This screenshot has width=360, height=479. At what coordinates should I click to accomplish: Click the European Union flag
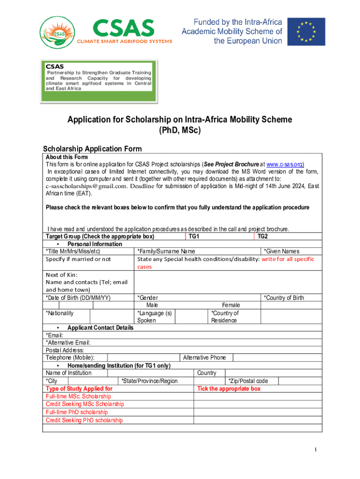pyautogui.click(x=306, y=31)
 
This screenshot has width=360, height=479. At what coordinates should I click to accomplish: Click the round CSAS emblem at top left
pyautogui.click(x=57, y=33)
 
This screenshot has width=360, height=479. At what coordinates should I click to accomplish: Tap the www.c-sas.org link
pyautogui.click(x=285, y=164)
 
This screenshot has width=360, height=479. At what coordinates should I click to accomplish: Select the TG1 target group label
pyautogui.click(x=194, y=237)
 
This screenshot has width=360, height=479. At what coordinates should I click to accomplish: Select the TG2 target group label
pyautogui.click(x=263, y=237)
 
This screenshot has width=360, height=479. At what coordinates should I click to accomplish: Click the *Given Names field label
pyautogui.click(x=281, y=252)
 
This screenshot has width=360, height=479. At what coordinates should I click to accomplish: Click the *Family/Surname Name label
pyautogui.click(x=166, y=252)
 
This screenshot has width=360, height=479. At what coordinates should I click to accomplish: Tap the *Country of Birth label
pyautogui.click(x=284, y=298)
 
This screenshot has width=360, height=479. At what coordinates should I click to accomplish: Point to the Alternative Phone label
pyautogui.click(x=204, y=358)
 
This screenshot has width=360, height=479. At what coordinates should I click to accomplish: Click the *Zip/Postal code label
pyautogui.click(x=248, y=381)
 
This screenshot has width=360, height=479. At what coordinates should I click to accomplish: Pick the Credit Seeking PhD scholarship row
pyautogui.click(x=84, y=420)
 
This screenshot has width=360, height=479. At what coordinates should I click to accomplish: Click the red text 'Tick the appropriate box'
pyautogui.click(x=229, y=389)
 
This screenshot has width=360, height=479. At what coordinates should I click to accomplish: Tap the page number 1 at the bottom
pyautogui.click(x=316, y=450)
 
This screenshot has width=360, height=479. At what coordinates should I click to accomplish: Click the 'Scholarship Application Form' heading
pyautogui.click(x=92, y=149)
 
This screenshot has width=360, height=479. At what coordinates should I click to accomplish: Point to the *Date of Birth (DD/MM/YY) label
pyautogui.click(x=78, y=298)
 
